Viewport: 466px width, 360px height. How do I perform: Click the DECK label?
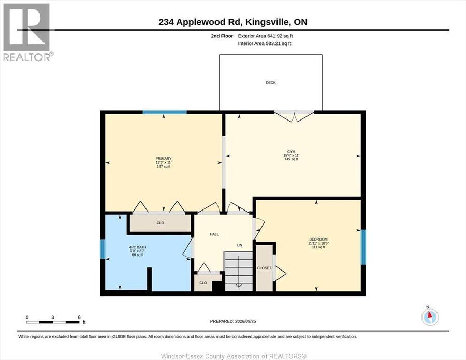tap(270, 83)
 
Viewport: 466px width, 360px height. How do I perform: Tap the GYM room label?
tap(291, 152)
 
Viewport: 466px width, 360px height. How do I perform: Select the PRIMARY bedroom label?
tap(164, 159)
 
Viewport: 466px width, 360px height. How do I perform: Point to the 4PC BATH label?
tap(138, 247)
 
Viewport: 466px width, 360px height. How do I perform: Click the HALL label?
tap(214, 234)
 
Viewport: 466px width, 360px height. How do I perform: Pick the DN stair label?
tap(240, 245)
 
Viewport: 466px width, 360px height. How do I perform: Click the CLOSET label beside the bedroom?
tap(264, 268)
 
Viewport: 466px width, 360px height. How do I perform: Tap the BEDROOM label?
tap(318, 239)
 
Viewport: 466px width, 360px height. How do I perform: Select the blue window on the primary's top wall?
tap(165, 112)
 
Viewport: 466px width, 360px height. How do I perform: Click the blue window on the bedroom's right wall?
tap(363, 247)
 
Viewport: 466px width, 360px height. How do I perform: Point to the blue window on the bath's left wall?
tap(103, 249)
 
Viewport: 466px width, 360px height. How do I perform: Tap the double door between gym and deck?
tap(294, 116)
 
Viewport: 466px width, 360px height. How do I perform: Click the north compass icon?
tap(430, 317)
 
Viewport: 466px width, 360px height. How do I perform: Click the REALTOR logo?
tap(27, 32)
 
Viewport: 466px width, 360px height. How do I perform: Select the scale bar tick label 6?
tap(79, 317)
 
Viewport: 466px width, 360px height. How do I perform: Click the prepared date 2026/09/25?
tap(245, 321)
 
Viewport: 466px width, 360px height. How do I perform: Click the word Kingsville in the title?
tap(268, 22)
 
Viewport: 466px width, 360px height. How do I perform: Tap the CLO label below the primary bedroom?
tap(161, 223)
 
